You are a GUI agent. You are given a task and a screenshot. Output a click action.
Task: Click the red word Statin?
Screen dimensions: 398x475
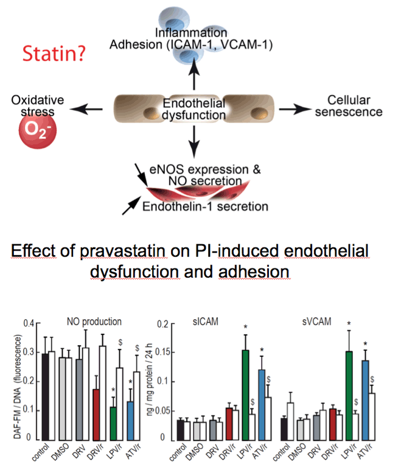tap(54, 54)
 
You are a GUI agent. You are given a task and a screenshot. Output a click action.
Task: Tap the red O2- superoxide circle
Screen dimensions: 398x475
tap(38, 130)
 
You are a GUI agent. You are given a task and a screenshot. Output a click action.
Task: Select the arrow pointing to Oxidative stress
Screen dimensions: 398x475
tap(86, 110)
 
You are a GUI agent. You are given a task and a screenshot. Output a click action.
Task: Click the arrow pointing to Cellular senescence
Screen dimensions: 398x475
tap(295, 110)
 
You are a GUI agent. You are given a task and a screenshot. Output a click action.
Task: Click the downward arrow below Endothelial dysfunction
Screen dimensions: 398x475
tap(194, 141)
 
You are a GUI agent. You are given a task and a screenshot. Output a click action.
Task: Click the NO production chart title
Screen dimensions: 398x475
tap(94, 322)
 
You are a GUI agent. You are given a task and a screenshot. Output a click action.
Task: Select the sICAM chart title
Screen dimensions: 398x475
tap(206, 322)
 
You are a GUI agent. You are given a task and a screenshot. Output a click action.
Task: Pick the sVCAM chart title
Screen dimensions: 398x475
tap(316, 322)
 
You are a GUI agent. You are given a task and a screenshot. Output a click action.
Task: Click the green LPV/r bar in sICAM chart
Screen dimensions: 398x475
tap(245, 395)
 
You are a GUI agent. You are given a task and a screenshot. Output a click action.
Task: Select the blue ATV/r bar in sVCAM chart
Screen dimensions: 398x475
tap(365, 400)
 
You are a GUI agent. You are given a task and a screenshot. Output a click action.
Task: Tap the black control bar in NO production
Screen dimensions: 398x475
tap(45, 397)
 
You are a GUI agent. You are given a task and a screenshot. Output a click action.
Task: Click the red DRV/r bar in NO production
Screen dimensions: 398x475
tap(96, 415)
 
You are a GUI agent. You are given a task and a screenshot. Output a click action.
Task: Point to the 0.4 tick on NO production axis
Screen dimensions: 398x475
tap(29, 323)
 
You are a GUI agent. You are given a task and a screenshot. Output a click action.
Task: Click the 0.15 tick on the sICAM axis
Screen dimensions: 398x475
tap(162, 353)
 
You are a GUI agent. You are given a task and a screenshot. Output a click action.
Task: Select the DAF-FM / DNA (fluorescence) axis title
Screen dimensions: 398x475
tap(18, 387)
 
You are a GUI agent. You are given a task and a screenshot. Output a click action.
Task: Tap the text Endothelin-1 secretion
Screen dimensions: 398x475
tap(205, 206)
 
